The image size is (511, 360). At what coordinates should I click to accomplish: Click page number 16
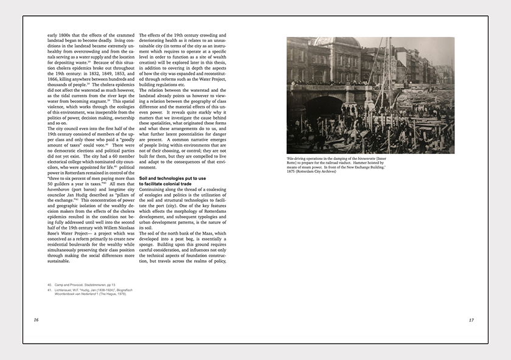point(36,320)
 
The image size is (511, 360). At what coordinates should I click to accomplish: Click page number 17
point(471,320)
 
